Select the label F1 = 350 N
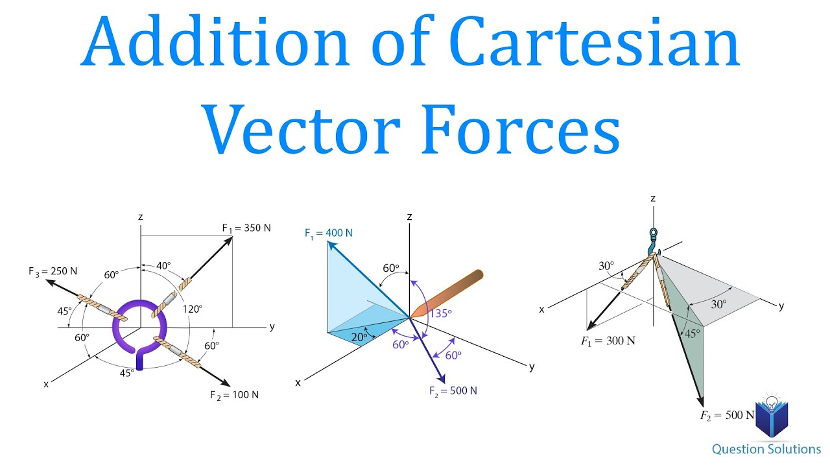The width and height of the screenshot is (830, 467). coord(246,228)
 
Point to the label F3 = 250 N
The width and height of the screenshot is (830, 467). coord(53,271)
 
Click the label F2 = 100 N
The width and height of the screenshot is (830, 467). coord(234,395)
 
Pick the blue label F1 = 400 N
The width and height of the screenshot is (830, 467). coord(329,232)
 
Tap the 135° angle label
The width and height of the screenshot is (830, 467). coord(440,313)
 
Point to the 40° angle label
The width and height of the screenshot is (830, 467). coord(164,265)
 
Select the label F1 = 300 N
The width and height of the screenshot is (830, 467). coord(608,341)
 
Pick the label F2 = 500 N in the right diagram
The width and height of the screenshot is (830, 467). coord(727,415)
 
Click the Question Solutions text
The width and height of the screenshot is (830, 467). coord(766,449)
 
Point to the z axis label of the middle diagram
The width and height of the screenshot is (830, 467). coord(409,217)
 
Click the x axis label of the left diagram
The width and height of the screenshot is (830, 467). coord(46,384)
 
